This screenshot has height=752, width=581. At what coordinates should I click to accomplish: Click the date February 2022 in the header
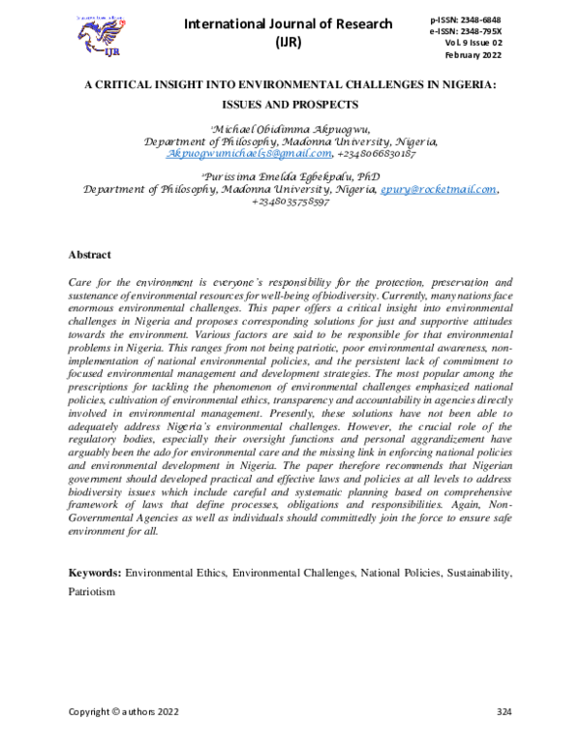[492, 56]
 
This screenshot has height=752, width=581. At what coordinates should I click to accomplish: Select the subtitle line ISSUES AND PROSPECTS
[290, 104]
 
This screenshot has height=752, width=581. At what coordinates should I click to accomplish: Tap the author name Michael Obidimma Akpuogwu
[289, 129]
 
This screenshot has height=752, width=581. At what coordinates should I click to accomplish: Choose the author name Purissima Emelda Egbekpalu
[273, 177]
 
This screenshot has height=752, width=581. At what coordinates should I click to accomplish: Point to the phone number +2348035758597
[290, 202]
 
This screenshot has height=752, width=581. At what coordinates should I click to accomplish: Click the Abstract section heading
[89, 254]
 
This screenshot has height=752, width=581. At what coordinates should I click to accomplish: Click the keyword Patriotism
[91, 591]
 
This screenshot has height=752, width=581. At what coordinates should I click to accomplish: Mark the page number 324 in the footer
[503, 712]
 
